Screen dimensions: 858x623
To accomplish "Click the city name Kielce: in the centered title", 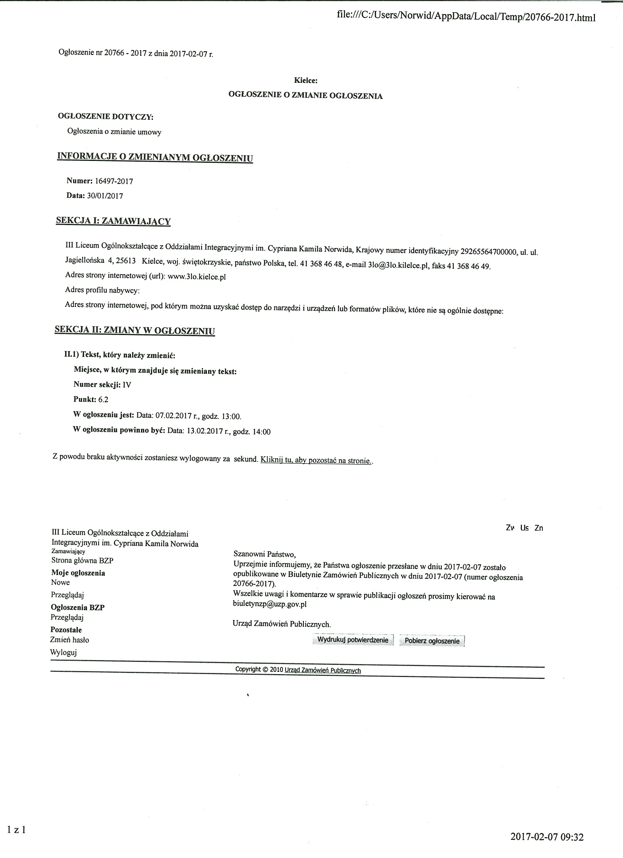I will pyautogui.click(x=306, y=80).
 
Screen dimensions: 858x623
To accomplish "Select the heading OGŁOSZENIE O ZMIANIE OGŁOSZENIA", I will pyautogui.click(x=305, y=96).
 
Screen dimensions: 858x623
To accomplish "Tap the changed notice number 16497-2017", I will pyautogui.click(x=114, y=181).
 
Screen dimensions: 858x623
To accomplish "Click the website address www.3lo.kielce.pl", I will pyautogui.click(x=197, y=277).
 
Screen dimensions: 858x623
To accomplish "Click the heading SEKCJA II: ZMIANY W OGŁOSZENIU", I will pyautogui.click(x=134, y=330).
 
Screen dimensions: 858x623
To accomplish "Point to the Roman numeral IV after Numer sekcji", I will pyautogui.click(x=127, y=385).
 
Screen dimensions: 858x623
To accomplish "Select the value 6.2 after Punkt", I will pyautogui.click(x=104, y=399).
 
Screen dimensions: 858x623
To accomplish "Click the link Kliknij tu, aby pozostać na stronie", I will pyautogui.click(x=316, y=460).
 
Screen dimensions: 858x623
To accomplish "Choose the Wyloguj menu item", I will pyautogui.click(x=63, y=652).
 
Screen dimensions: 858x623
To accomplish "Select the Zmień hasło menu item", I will pyautogui.click(x=70, y=640).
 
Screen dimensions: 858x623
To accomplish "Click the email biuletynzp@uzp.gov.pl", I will pyautogui.click(x=270, y=604).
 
